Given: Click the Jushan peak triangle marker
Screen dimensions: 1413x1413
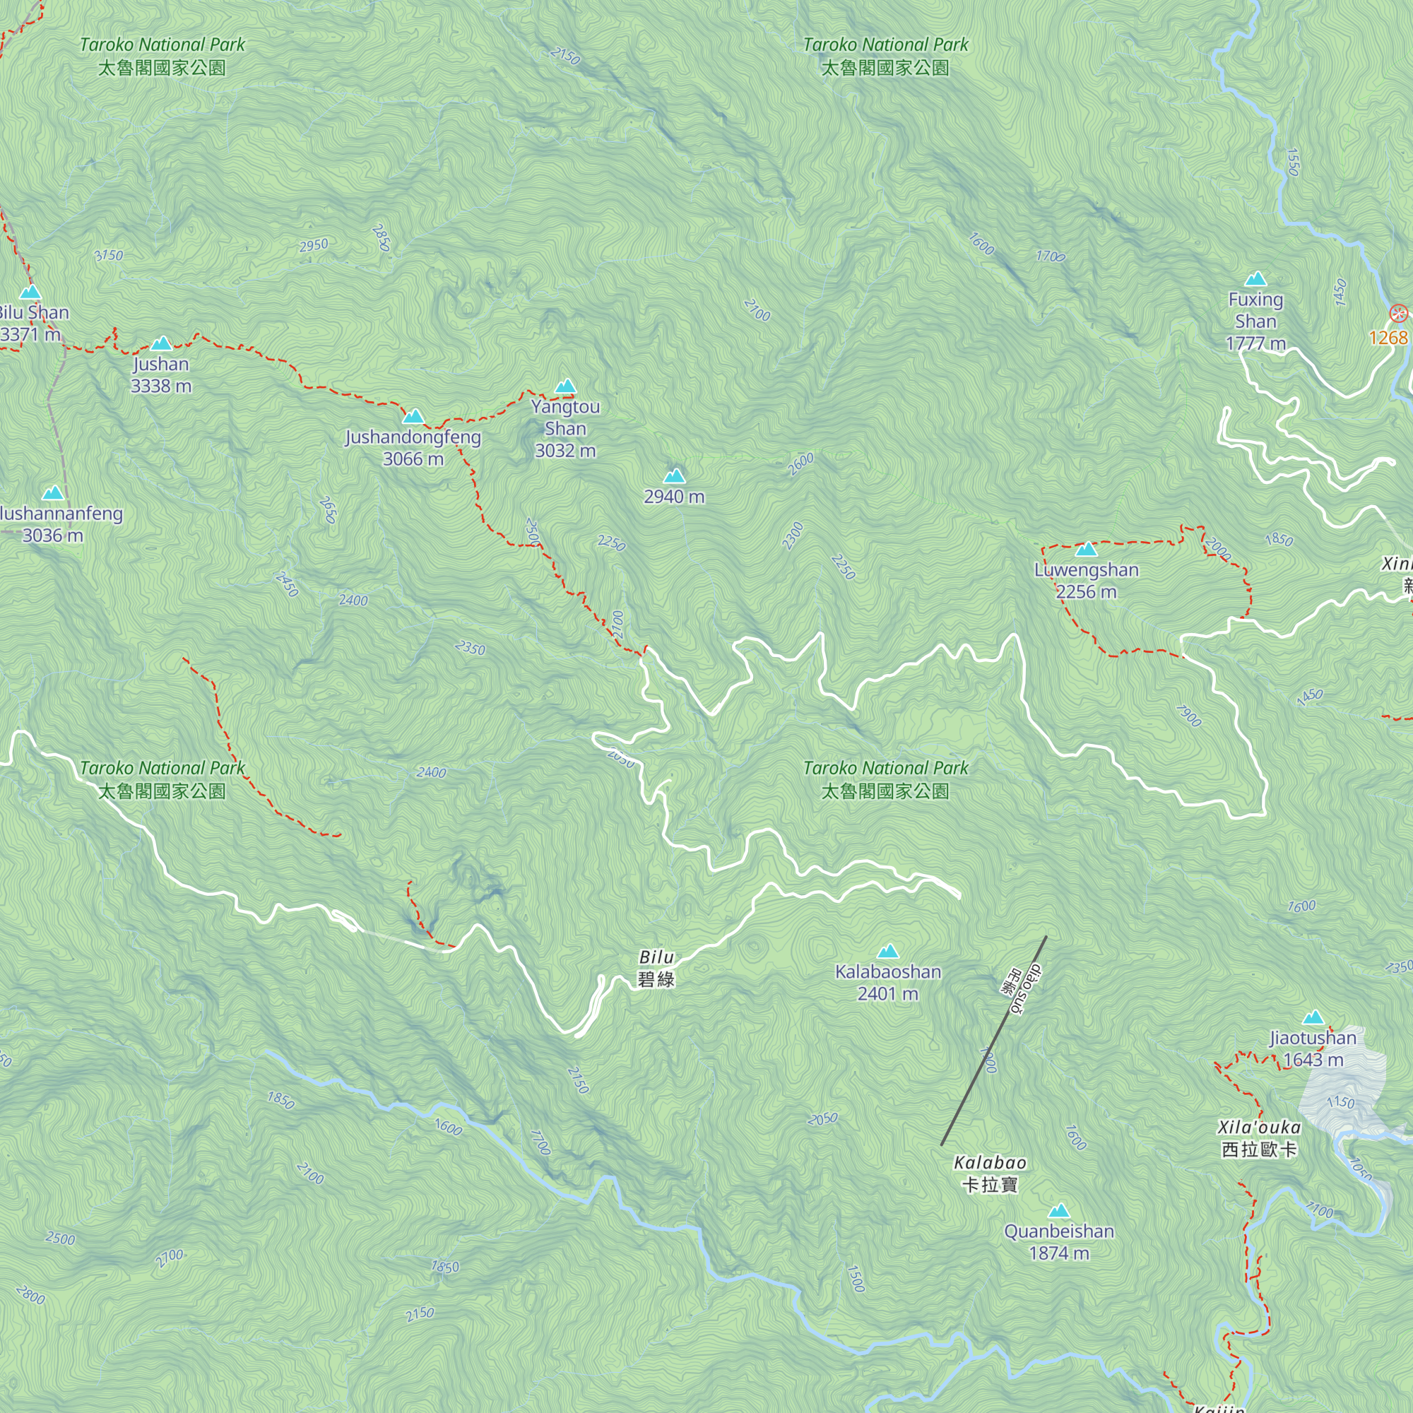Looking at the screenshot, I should pos(161,344).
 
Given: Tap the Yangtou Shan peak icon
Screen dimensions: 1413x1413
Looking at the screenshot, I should pos(564,387).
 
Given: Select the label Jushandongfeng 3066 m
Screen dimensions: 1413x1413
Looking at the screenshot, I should pos(413,448).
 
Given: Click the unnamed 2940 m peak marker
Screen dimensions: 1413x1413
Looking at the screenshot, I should pos(673,476).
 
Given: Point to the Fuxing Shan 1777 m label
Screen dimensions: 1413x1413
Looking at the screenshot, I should pos(1255,321).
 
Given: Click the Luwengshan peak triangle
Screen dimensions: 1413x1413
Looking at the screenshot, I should pos(1086,549).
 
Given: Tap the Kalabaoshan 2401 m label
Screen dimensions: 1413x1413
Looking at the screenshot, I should pos(888,982).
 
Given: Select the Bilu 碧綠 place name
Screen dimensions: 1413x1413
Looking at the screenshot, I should pos(656,968).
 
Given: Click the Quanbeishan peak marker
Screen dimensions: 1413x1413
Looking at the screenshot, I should pos(1059,1211).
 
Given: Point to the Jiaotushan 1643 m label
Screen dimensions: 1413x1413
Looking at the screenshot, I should pos(1313,1048).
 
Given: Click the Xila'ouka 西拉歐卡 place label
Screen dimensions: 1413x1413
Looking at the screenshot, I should pos(1259,1138).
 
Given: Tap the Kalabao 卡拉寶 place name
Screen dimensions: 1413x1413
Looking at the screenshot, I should pos(990,1173).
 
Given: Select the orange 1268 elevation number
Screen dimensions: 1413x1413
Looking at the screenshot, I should pos(1388,337).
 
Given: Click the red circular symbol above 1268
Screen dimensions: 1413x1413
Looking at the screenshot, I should pos(1397,314).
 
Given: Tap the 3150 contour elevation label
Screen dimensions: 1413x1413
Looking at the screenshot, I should pos(109,255).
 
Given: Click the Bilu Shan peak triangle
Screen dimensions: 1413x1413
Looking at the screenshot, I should pos(30,292).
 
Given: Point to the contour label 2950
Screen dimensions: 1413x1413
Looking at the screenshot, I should pos(314,246).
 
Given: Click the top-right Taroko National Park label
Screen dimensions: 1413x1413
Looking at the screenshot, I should pos(885,57).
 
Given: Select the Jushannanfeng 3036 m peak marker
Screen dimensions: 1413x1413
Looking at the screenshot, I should pos(53,493).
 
